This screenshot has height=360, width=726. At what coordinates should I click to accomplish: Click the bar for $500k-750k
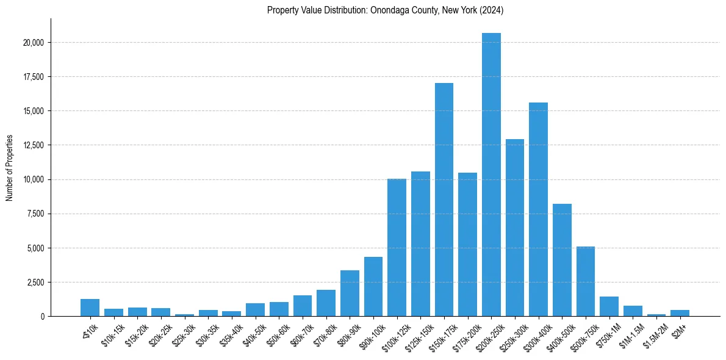585,281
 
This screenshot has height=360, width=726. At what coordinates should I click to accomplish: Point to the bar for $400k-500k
562,260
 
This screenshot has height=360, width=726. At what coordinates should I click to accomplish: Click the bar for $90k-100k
373,286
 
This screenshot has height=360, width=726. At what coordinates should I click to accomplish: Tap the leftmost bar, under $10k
90,308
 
